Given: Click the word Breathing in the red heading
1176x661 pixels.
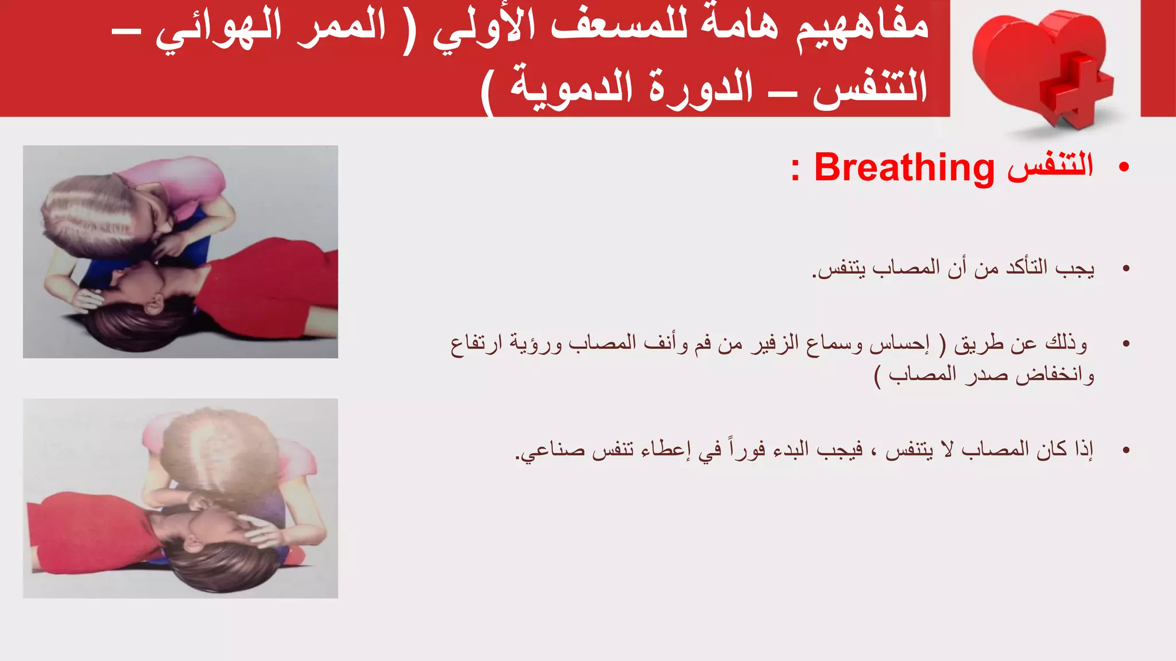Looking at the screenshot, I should click(x=904, y=168).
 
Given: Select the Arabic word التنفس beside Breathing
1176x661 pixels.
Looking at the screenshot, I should click(x=1050, y=166).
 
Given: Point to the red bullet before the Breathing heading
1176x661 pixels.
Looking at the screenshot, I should click(x=1124, y=168).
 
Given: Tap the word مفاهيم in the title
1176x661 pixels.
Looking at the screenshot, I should click(x=861, y=28).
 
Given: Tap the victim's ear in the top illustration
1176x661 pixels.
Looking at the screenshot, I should click(x=154, y=305).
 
